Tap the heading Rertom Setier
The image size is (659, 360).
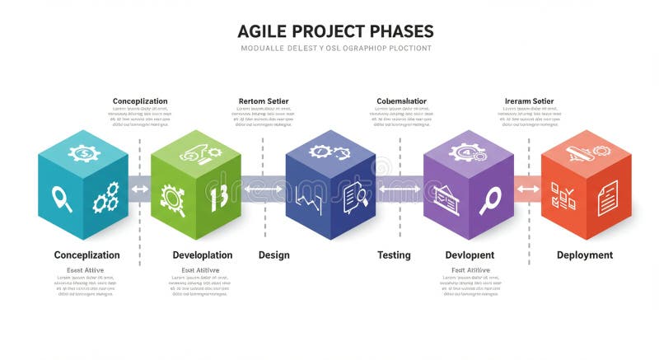264,101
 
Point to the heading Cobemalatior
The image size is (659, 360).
401,101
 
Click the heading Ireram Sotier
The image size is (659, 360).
529,101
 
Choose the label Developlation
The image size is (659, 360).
202,255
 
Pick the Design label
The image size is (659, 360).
273,255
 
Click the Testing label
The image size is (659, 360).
394,255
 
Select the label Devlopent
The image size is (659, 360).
470,255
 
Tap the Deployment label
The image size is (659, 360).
585,255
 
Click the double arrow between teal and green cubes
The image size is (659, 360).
140,189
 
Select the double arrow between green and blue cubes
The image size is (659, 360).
264,189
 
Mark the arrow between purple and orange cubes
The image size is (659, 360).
528,189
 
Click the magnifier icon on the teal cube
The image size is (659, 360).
62,198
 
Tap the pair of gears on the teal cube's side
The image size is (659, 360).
105,198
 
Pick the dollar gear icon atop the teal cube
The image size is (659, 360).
83,152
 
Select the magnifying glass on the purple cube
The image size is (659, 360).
490,199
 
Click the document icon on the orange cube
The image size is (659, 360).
608,198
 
